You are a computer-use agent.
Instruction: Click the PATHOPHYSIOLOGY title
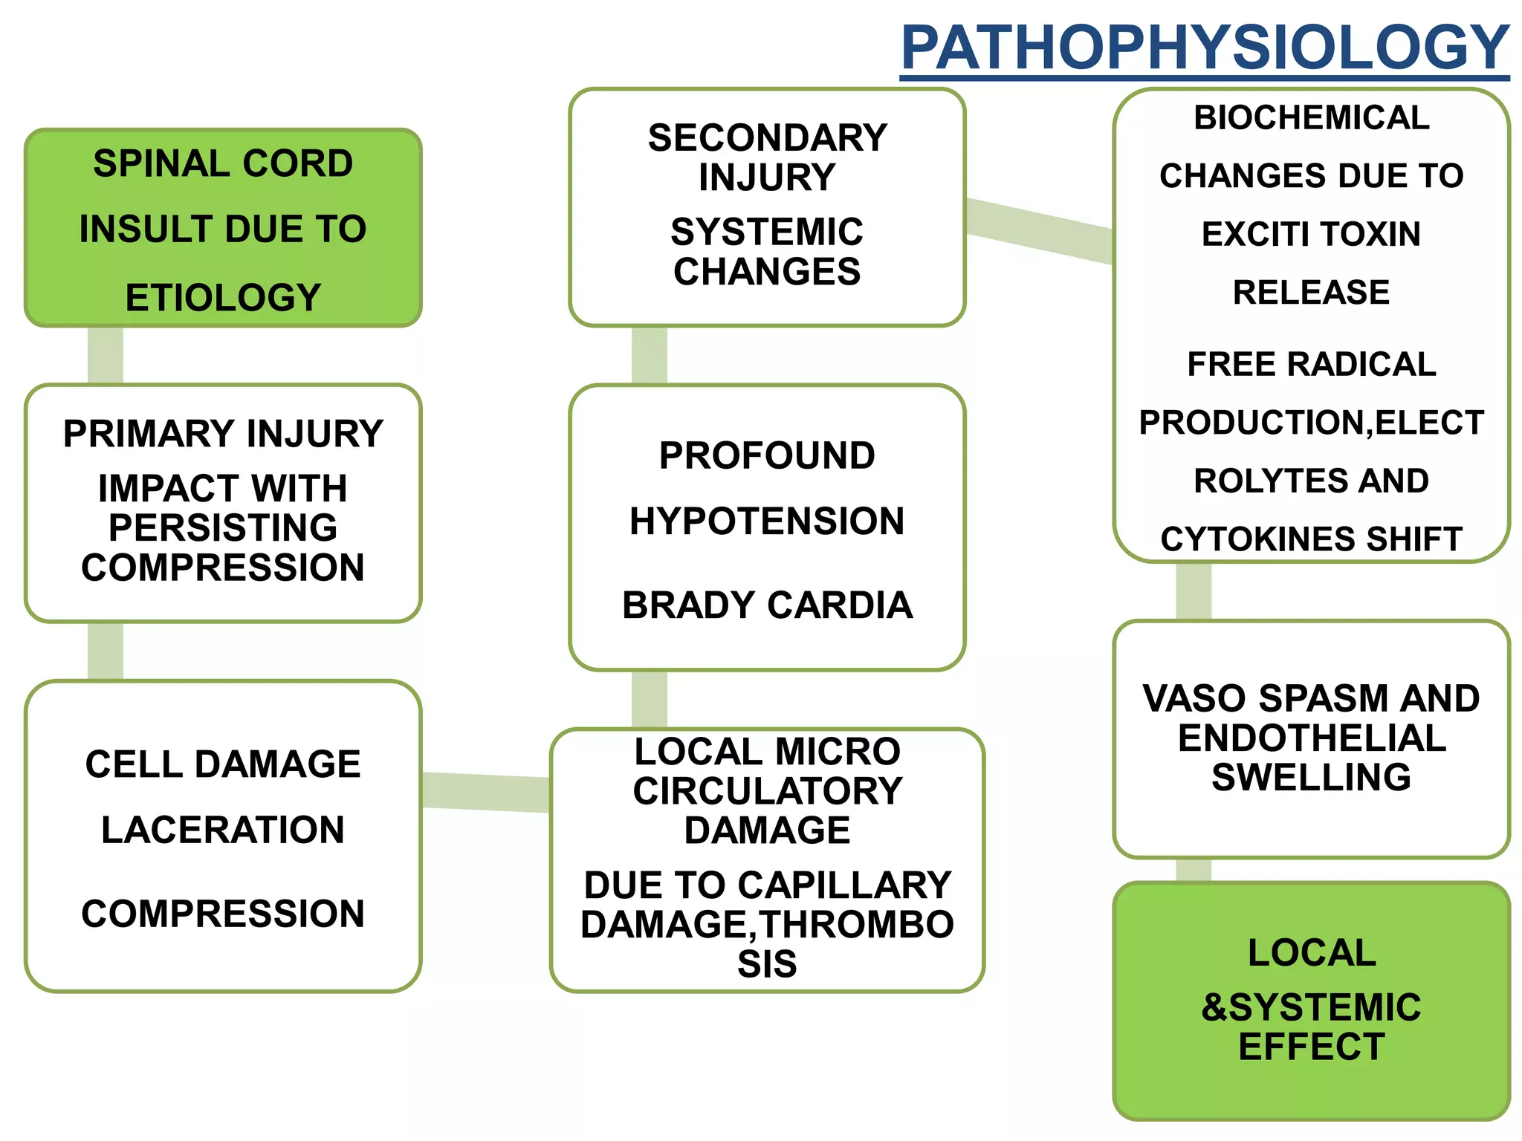1204,48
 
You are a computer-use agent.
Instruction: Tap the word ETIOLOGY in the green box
223,297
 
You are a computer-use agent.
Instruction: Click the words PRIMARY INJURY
223,433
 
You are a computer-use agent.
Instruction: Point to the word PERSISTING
223,528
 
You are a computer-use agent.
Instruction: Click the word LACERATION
223,830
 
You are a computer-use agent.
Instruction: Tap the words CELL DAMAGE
223,764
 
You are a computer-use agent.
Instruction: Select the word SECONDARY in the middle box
767,138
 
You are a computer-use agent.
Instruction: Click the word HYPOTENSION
767,521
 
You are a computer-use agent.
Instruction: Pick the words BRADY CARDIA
767,605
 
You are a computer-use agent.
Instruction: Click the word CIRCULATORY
767,791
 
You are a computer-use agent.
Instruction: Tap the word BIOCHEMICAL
1311,117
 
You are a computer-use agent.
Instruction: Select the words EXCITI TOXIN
1311,234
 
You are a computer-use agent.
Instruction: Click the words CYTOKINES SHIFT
1311,539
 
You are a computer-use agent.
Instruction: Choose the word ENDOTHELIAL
1311,738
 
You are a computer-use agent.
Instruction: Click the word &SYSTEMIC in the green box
1311,1008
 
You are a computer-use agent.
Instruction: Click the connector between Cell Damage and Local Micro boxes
485,792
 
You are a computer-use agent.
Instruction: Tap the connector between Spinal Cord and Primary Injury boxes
106,355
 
